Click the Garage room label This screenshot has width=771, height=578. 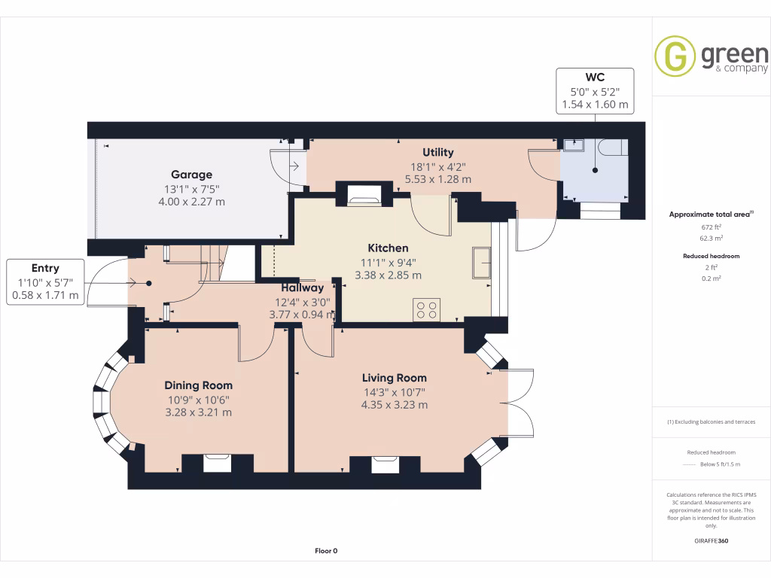tap(191, 175)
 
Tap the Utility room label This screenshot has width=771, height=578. tap(437, 153)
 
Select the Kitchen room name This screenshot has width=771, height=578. tap(388, 248)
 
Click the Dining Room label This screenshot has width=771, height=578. tap(199, 385)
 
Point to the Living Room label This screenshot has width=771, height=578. tap(394, 378)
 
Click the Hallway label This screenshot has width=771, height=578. tap(303, 287)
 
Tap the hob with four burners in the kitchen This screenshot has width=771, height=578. tap(427, 309)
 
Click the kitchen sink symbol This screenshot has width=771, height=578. tap(481, 263)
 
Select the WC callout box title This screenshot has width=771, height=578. tap(595, 78)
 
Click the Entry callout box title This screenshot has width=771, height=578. tap(45, 268)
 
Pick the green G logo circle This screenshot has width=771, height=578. tap(675, 56)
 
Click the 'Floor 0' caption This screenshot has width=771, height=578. tap(326, 551)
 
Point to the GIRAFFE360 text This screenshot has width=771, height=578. tap(711, 540)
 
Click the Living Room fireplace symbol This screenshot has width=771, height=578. tap(385, 463)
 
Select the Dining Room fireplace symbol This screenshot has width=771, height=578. tap(218, 462)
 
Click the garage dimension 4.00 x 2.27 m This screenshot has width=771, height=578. tap(191, 202)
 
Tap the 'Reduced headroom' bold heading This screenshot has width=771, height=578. tap(711, 256)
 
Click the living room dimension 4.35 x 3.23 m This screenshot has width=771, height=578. tap(394, 405)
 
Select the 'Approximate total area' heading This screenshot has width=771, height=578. tap(710, 214)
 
